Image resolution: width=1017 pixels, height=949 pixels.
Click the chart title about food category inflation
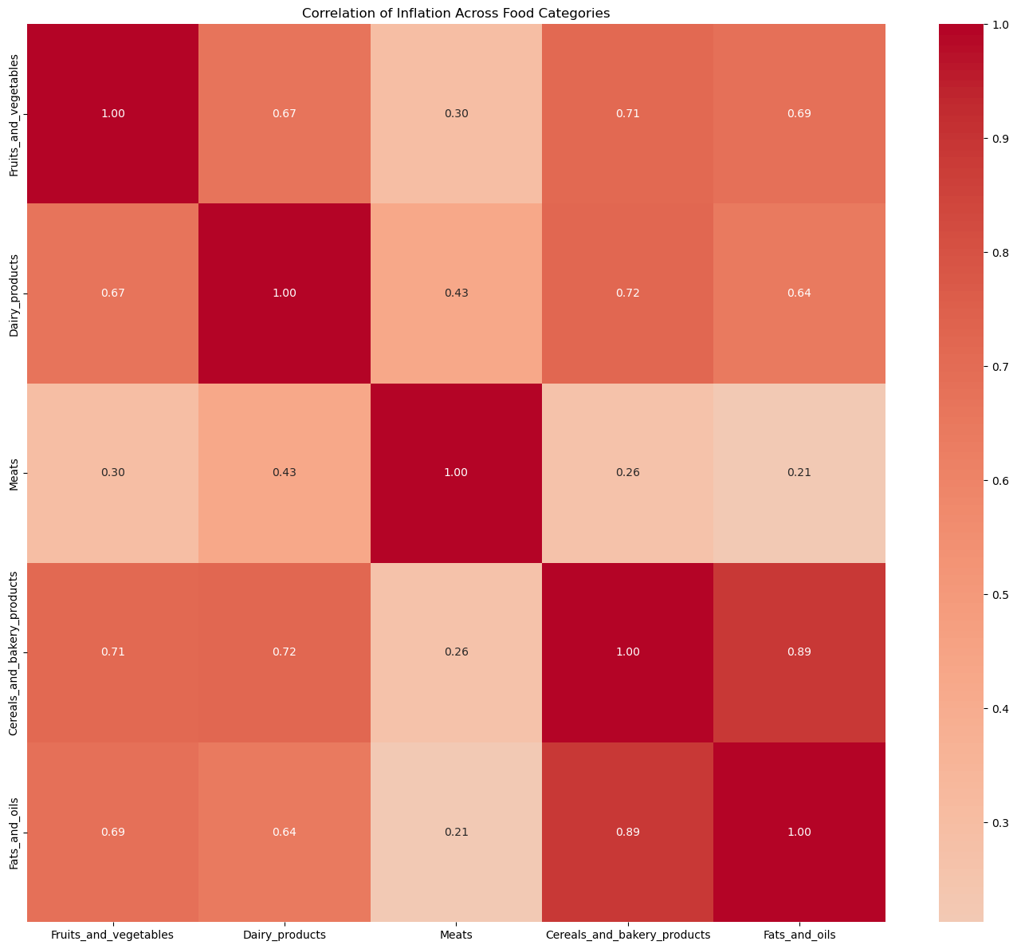456,13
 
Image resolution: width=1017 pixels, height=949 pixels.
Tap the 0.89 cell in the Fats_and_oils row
627,832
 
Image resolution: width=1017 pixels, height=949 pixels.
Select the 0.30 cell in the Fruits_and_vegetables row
456,114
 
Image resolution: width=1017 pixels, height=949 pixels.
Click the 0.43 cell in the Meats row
285,473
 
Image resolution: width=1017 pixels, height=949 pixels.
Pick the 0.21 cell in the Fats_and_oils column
799,473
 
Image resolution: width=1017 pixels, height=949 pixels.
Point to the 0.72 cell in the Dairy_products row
627,293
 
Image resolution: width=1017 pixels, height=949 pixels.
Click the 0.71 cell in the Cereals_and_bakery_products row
113,652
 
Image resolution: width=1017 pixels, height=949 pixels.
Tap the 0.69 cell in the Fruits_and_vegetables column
113,832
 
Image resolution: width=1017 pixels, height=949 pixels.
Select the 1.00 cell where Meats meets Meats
456,473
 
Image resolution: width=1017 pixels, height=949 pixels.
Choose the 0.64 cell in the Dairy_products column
285,832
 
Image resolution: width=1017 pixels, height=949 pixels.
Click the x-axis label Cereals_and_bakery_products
627,935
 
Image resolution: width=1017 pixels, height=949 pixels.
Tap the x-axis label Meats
456,935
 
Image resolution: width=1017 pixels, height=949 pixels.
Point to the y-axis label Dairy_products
14,293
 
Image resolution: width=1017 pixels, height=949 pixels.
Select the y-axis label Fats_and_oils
14,832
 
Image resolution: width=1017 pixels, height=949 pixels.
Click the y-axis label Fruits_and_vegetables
14,114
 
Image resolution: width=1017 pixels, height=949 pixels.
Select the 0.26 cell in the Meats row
627,473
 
